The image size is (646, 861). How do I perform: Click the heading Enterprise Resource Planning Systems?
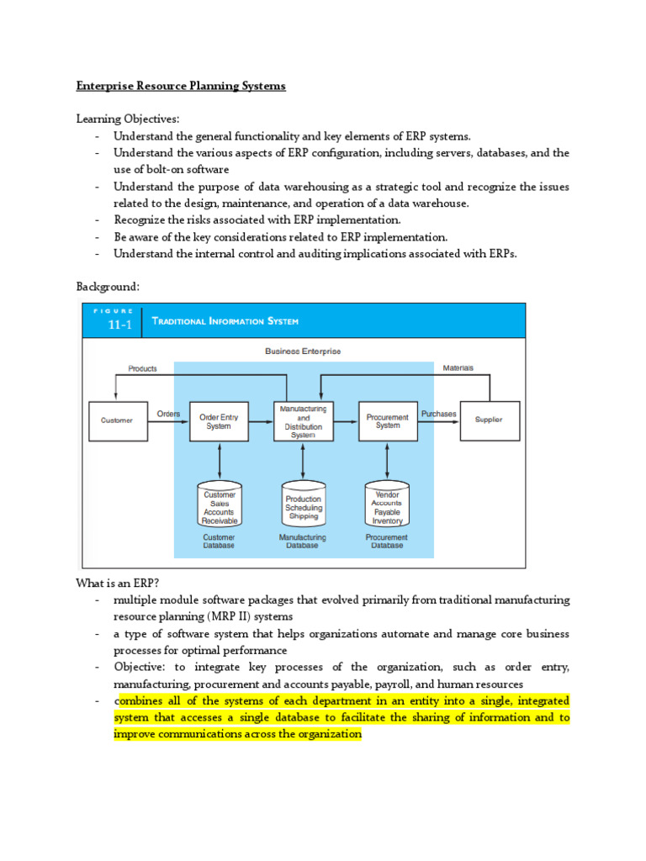click(181, 87)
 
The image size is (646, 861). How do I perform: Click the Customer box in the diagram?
click(116, 420)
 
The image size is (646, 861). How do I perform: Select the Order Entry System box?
click(219, 420)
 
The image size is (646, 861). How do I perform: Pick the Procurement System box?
click(387, 420)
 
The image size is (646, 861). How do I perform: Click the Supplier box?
click(489, 420)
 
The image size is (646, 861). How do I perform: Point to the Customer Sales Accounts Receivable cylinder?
click(220, 505)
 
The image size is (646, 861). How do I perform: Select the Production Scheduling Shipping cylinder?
click(303, 505)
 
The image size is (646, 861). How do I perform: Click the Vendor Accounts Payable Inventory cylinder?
click(387, 505)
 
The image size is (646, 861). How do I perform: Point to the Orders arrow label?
click(168, 414)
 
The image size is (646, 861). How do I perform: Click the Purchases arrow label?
click(438, 414)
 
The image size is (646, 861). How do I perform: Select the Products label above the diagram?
click(142, 368)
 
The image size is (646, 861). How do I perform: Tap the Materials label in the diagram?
click(458, 367)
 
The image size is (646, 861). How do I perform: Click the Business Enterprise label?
click(303, 351)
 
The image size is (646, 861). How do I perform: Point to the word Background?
click(108, 287)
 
